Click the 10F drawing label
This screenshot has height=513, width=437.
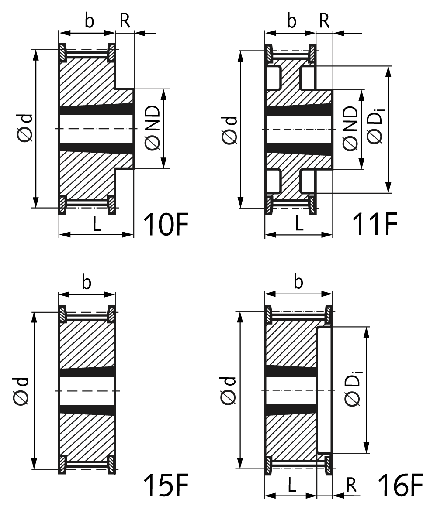point(166,224)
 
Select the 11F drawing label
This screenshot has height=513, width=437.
point(375,224)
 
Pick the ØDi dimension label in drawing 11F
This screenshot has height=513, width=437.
point(375,127)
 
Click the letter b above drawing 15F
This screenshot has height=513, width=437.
point(87,282)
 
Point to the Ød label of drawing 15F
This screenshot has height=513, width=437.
point(21,391)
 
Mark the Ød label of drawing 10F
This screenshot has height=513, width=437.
point(25,128)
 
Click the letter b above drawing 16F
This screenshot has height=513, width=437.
point(298,282)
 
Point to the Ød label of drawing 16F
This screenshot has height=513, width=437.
point(228,391)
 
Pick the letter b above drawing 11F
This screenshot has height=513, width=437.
point(292,21)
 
